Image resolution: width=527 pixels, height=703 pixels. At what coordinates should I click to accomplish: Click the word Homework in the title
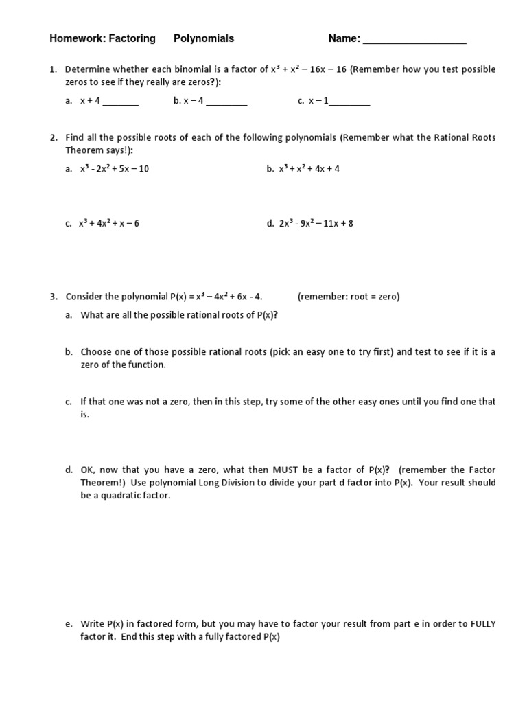73,38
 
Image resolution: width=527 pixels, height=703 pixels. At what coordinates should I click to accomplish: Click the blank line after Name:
414,40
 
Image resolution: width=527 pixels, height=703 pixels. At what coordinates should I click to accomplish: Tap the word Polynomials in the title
204,38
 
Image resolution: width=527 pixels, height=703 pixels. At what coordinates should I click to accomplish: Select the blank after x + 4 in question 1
121,102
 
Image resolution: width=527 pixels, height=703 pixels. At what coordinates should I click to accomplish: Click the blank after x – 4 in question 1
226,102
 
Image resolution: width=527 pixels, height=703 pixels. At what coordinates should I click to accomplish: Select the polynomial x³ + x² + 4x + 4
309,169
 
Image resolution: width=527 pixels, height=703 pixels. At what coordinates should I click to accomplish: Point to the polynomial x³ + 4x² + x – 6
110,224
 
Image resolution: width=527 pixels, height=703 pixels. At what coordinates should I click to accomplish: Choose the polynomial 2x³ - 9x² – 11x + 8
315,224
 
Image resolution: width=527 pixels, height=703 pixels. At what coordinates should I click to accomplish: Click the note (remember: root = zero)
348,297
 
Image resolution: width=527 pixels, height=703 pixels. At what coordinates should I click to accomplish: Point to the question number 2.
53,138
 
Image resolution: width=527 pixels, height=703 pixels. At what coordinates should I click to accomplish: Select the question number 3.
53,297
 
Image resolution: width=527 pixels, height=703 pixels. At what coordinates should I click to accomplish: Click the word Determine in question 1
86,69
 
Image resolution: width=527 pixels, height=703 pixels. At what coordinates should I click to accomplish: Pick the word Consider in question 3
84,297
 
